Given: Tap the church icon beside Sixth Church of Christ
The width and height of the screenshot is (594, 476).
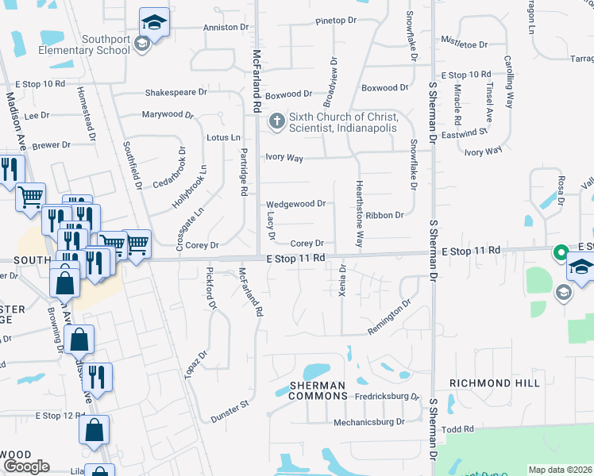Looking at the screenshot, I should click(276, 121).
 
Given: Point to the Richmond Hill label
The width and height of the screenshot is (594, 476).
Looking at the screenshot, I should click(495, 383).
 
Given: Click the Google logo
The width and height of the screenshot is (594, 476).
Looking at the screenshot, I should click(26, 466).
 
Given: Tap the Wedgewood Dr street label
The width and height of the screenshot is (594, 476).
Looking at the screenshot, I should click(295, 204).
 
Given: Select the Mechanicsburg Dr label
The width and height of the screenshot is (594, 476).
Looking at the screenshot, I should click(368, 423).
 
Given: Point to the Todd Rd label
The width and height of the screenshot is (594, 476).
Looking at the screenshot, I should click(457, 429).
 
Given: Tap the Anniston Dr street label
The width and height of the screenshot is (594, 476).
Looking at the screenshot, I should click(226, 27).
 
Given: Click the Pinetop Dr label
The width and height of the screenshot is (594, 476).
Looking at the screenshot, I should click(336, 21).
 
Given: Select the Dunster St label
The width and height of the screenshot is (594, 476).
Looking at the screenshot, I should click(229, 411).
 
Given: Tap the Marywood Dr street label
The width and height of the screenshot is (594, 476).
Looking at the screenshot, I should click(168, 114).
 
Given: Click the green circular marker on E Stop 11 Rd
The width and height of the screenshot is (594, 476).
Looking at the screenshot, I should click(560, 253).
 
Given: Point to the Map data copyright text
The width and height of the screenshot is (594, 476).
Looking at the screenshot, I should click(561, 470).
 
